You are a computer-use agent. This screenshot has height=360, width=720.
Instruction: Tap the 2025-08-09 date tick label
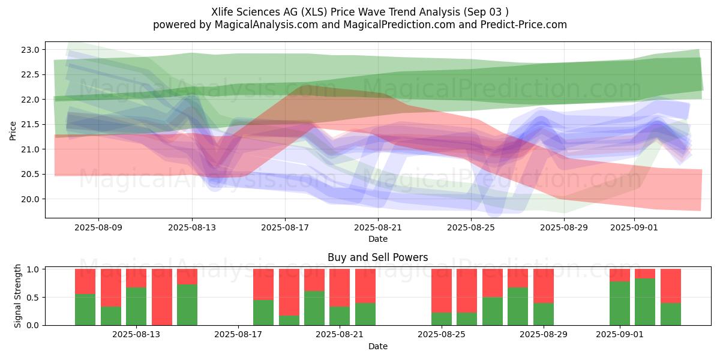98,228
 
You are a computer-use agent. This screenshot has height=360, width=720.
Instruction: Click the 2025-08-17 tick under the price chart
284,228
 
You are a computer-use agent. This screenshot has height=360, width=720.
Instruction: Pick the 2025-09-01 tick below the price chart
635,228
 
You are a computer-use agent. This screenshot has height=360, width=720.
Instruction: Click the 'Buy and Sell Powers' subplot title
377,257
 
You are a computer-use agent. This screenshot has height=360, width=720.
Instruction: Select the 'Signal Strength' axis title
18,296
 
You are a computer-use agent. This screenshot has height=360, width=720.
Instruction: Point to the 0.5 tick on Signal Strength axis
34,298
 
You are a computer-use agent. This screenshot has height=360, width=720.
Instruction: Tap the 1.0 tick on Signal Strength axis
34,269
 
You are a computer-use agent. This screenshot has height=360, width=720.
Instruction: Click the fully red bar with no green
162,297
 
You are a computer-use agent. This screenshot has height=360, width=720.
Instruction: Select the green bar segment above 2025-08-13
136,306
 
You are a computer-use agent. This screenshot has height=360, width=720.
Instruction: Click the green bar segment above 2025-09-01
620,303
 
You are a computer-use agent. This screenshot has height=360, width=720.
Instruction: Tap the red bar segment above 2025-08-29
544,286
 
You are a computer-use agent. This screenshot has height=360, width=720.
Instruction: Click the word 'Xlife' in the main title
223,12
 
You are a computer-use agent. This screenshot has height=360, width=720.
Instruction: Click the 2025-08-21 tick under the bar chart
340,335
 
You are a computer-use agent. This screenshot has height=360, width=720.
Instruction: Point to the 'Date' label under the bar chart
377,346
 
